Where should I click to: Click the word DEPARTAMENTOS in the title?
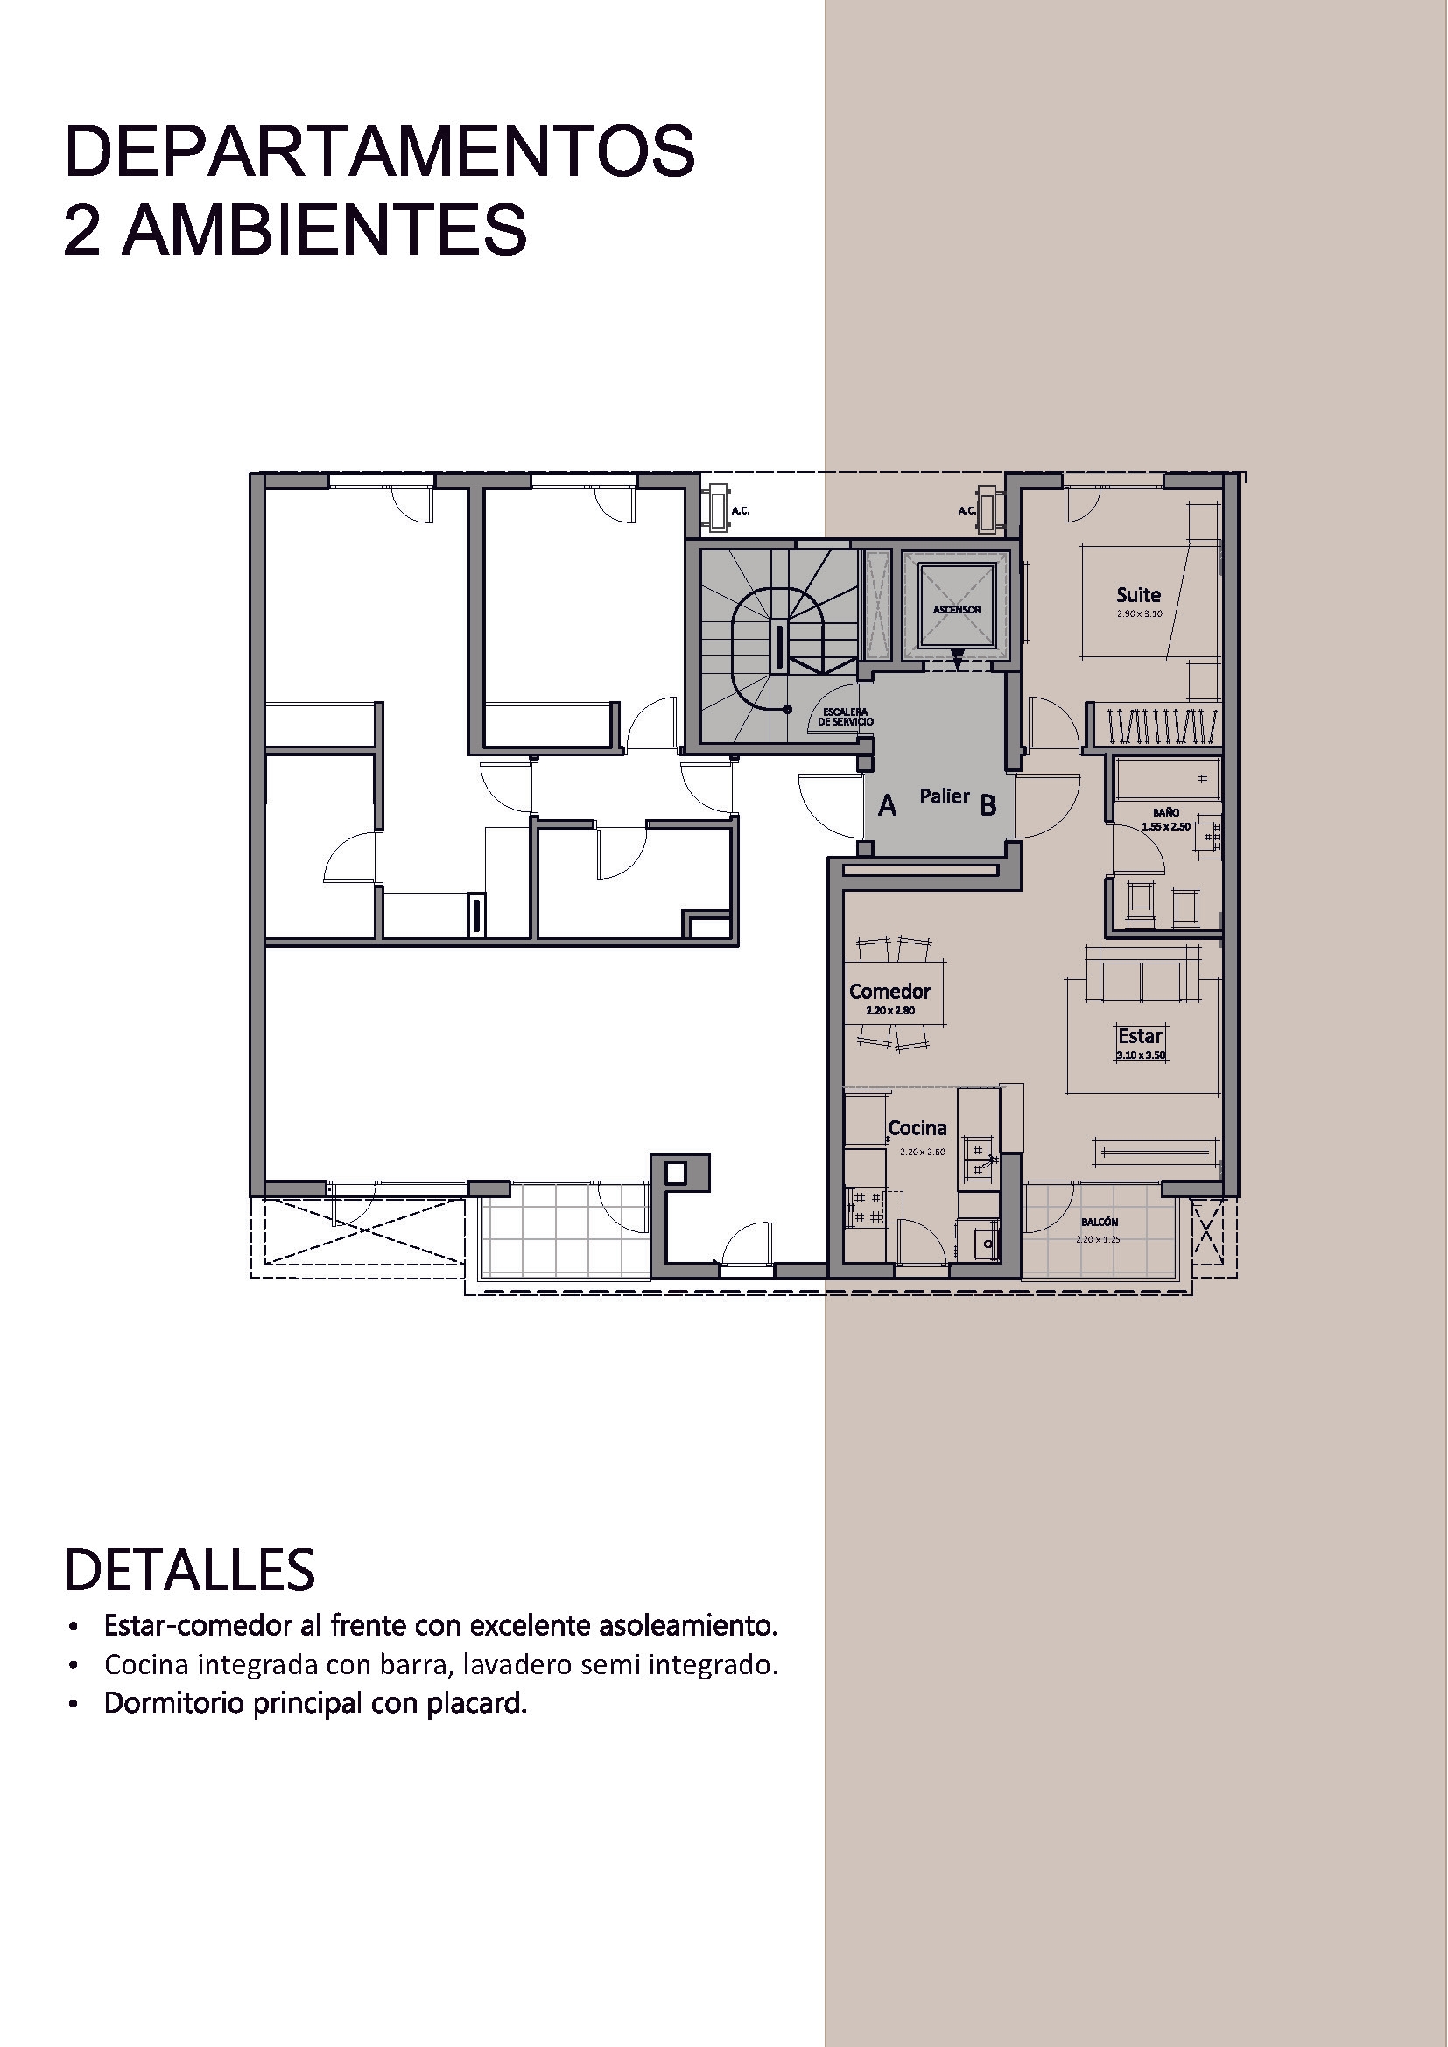379,152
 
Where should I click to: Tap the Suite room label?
1139,594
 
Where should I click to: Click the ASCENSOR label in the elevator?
957,610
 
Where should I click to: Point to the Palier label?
945,796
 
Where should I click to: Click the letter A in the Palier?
887,806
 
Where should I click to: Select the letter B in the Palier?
988,806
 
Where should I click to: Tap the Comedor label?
889,992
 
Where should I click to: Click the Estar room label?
1141,1036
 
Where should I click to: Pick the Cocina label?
917,1128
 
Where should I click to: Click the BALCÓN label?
1100,1223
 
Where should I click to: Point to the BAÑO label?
1165,813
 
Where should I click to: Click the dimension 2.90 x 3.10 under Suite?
1140,614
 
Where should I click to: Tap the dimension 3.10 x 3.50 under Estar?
1142,1055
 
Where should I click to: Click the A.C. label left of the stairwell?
740,511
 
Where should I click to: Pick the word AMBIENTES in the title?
325,230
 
